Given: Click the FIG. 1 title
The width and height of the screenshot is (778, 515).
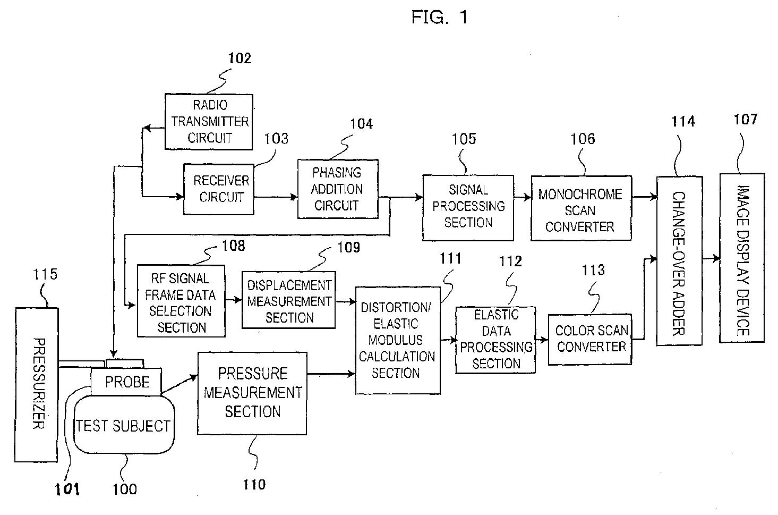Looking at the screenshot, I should (439, 18).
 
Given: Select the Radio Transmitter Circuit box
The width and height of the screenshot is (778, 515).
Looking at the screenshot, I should (209, 122).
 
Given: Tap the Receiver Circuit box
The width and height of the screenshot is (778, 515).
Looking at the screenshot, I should (218, 189).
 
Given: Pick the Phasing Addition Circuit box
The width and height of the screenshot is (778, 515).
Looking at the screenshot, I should (338, 189).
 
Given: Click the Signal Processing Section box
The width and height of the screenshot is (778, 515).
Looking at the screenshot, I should (468, 207).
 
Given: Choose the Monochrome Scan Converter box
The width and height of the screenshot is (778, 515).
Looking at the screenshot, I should (581, 208).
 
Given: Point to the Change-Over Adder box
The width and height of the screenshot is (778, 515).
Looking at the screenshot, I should (679, 260).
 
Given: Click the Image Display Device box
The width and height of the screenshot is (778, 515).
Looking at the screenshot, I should (742, 258).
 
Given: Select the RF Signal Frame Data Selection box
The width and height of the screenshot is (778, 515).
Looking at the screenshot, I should (181, 301).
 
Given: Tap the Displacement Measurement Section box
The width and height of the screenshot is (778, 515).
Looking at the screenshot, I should (289, 301).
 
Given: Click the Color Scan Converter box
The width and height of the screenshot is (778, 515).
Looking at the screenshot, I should (590, 339).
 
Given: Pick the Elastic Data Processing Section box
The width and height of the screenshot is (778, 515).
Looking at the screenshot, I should (495, 340).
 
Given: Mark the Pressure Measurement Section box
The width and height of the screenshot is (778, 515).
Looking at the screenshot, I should (252, 393).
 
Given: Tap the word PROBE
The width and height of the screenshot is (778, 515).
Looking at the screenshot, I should (127, 382).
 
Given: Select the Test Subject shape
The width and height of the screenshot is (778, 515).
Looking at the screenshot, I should (124, 426).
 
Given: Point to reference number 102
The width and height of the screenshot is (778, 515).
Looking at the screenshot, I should (240, 58).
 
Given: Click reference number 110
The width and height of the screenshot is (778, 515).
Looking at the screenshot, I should (254, 484).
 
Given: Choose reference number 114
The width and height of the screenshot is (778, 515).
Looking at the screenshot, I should (683, 122).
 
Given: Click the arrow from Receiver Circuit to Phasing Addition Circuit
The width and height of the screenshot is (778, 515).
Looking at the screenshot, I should (275, 197).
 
